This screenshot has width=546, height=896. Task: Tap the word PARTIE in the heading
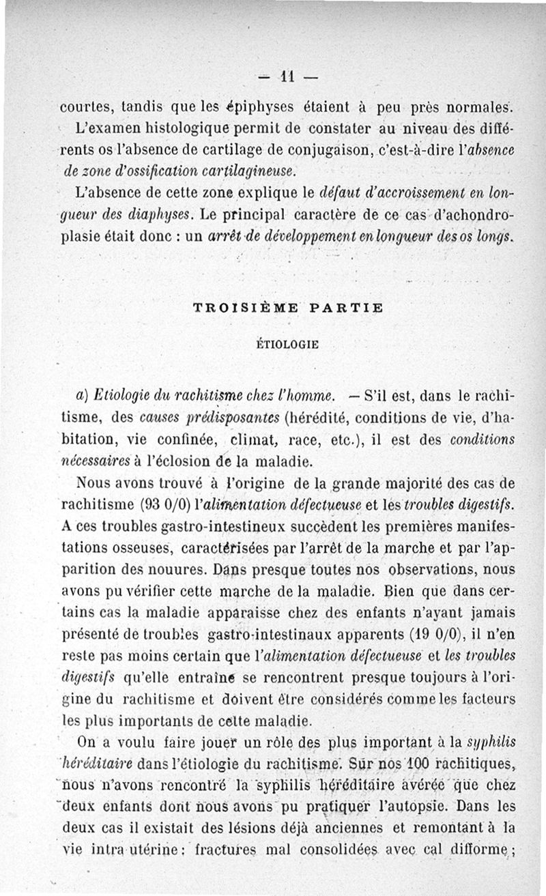coord(346,308)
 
